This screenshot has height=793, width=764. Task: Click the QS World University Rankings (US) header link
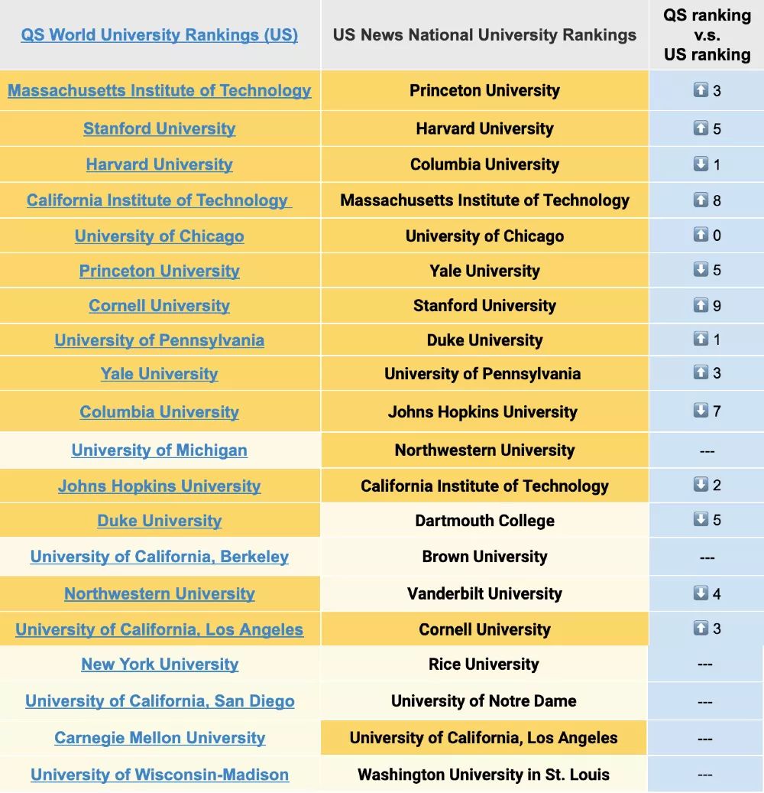(159, 35)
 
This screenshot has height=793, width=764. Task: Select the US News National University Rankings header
(484, 35)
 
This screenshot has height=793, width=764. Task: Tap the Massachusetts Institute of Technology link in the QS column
(159, 91)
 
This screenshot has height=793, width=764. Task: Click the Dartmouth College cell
(484, 521)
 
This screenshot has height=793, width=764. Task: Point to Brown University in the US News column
(484, 557)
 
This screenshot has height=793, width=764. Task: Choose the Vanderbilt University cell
(484, 593)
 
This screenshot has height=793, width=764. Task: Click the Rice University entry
(484, 664)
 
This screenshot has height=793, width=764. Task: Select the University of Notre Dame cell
(484, 701)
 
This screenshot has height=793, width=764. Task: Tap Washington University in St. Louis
(484, 775)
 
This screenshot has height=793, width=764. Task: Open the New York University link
(160, 665)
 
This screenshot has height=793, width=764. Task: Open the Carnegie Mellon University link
(160, 738)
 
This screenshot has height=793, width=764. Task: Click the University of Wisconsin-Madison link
(160, 775)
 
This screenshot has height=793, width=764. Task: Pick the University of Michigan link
(159, 450)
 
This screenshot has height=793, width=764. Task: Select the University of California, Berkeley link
(159, 557)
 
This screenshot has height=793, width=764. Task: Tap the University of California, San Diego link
(160, 701)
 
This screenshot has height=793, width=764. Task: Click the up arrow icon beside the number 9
(701, 305)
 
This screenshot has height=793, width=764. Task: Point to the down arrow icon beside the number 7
(701, 411)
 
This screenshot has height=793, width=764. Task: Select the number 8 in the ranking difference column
(717, 200)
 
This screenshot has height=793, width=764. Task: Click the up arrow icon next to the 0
(701, 235)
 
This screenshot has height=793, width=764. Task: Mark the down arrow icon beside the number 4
(701, 593)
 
